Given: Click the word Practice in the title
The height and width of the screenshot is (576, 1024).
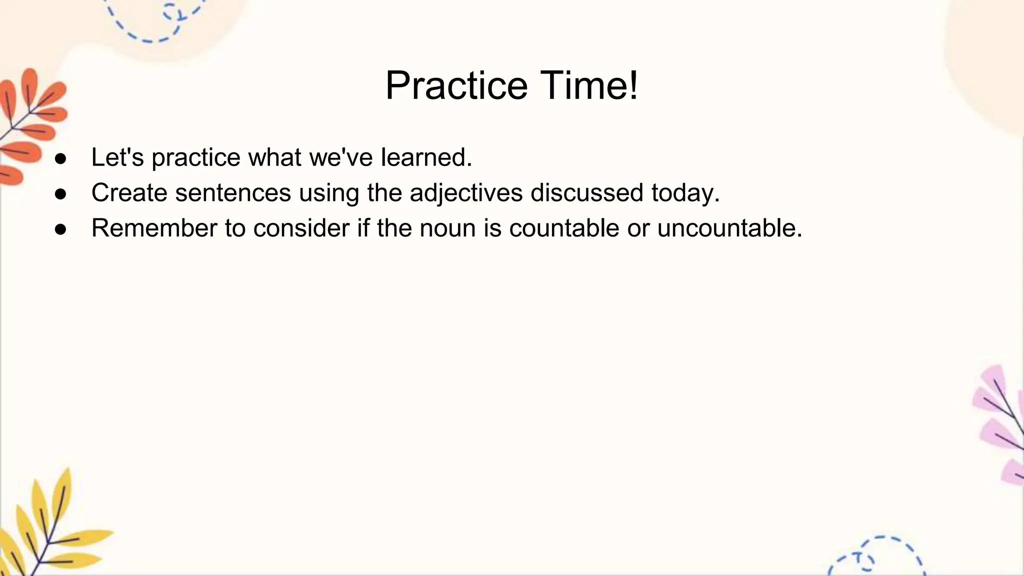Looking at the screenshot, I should point(456,86).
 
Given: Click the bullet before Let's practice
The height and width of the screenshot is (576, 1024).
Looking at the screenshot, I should point(60,159).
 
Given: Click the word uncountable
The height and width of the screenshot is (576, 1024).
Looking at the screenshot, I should point(729,228).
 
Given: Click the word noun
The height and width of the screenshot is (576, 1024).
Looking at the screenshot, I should point(447,228).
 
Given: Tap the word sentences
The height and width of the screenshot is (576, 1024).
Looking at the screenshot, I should point(233,193).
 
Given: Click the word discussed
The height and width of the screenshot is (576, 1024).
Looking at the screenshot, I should point(586,193).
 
